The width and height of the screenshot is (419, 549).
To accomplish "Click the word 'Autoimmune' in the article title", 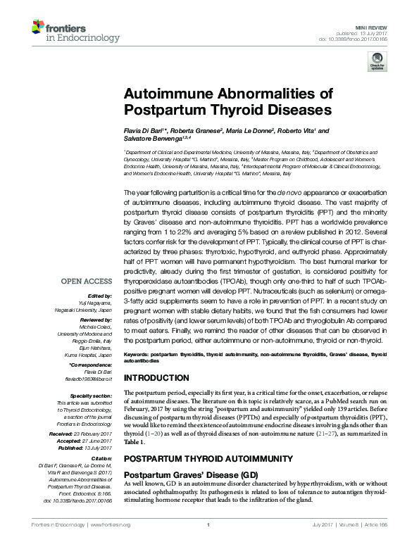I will coord(170,94).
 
